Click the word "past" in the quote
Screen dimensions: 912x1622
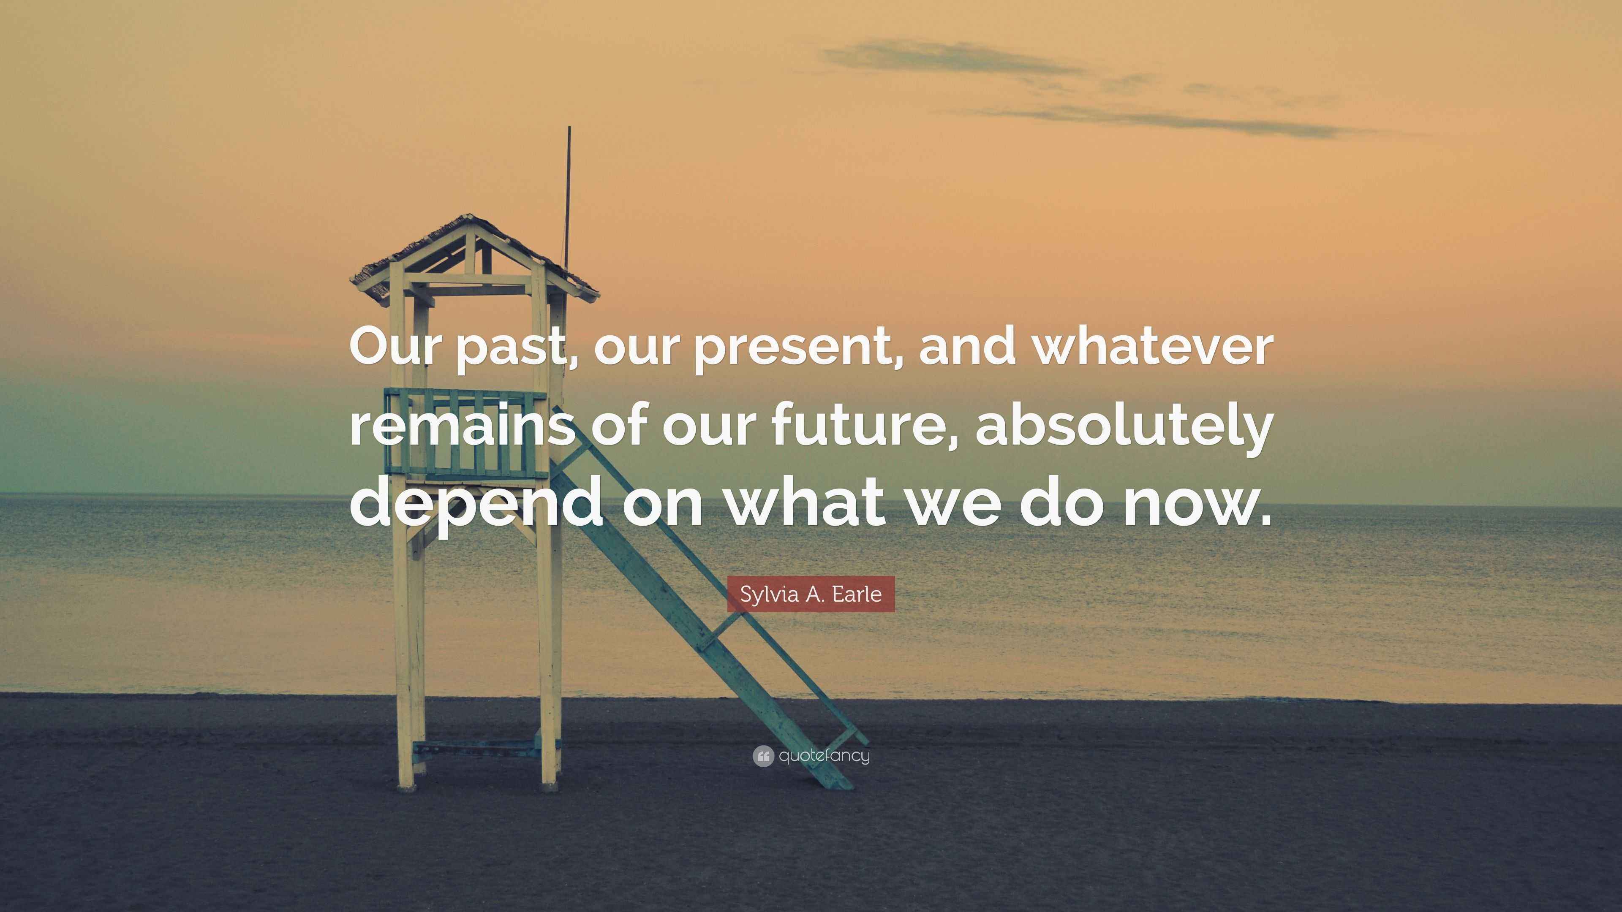click(509, 349)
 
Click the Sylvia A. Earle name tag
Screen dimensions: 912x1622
click(811, 594)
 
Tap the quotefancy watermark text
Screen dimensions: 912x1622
click(824, 755)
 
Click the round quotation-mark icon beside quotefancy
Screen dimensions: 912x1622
click(762, 756)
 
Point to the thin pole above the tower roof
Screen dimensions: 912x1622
click(568, 189)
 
